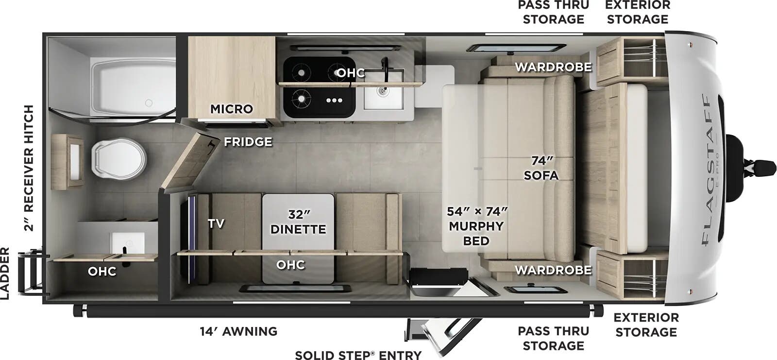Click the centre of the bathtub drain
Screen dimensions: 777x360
pos(149,103)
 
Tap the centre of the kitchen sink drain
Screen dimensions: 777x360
pos(383,91)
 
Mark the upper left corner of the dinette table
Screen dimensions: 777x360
pos(263,195)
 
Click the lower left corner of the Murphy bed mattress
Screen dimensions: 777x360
pos(442,252)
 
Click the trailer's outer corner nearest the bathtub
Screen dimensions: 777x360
pos(43,34)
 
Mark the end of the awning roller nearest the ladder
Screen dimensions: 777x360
pos(75,310)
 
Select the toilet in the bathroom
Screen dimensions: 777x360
pos(118,159)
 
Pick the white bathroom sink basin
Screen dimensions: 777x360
pos(127,243)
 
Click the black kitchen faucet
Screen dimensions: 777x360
pos(385,66)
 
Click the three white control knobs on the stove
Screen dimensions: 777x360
pos(335,101)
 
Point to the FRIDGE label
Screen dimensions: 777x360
pos(248,142)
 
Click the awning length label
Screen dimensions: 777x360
pos(238,331)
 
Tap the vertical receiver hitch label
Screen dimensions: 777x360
pos(29,168)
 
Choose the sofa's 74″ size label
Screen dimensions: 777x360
pos(542,161)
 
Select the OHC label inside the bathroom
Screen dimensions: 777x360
pos(102,271)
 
